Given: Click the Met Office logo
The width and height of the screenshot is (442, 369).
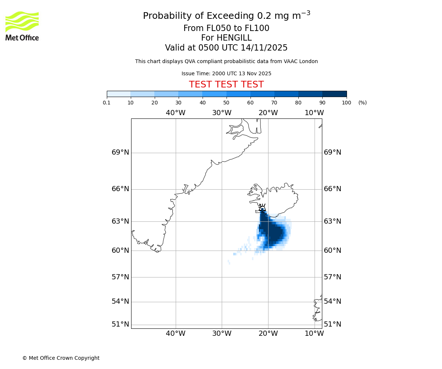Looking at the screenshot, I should [22, 26].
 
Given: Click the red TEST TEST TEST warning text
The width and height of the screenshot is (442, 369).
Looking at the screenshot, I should [226, 85].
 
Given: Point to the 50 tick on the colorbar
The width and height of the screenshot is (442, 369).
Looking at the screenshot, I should [226, 103].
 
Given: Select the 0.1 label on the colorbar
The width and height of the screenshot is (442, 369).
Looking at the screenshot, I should [107, 103].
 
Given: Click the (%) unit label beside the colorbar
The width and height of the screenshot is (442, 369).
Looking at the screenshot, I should [362, 103].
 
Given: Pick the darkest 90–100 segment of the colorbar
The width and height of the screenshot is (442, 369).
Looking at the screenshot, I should [334, 94].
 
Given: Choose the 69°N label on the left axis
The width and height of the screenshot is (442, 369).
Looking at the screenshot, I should [120, 152].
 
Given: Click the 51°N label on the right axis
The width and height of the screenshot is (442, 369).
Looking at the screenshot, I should [333, 324].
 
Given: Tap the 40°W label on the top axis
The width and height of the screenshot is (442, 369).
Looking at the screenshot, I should [175, 113].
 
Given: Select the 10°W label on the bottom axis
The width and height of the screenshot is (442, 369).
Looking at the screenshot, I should [314, 334].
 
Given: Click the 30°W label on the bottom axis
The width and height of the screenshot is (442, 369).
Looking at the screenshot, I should [222, 334].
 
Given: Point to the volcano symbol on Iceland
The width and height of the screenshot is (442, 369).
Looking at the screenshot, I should [262, 207].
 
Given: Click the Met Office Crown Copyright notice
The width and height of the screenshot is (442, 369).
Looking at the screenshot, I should [61, 358].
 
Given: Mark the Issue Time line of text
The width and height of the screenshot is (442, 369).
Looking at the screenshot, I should [226, 73].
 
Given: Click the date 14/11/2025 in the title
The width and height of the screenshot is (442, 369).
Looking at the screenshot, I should [264, 48].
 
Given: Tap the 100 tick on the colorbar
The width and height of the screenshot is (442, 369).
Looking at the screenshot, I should [346, 103].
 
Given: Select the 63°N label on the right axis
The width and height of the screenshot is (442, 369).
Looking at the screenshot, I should [333, 221].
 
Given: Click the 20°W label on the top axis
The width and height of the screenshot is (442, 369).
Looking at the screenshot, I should [268, 113].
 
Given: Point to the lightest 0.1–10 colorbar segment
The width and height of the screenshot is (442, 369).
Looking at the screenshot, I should [119, 94].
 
